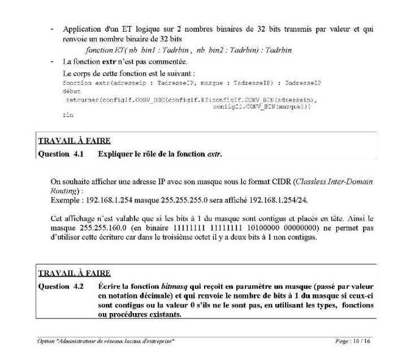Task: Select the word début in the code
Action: [x=72, y=90]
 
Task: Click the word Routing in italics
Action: [x=65, y=189]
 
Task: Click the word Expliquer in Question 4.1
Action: [x=117, y=154]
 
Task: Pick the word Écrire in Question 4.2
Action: [x=109, y=286]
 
